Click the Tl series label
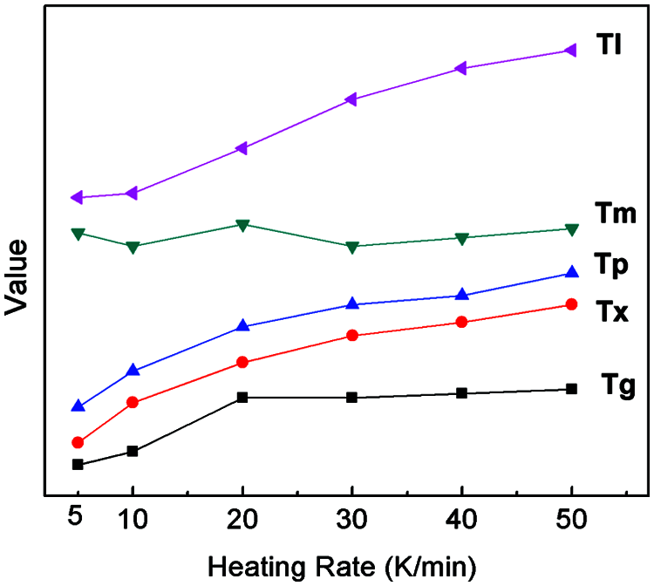[x=609, y=45]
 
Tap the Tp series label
[x=612, y=263]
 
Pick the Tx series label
[x=613, y=310]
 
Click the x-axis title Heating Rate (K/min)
[x=342, y=567]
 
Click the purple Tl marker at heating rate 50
[x=570, y=51]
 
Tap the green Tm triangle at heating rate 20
[x=242, y=225]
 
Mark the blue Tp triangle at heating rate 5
[x=78, y=405]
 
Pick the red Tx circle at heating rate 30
[x=352, y=336]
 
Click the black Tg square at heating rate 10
[x=133, y=451]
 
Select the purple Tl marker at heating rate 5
[x=77, y=198]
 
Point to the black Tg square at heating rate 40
[x=462, y=393]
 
